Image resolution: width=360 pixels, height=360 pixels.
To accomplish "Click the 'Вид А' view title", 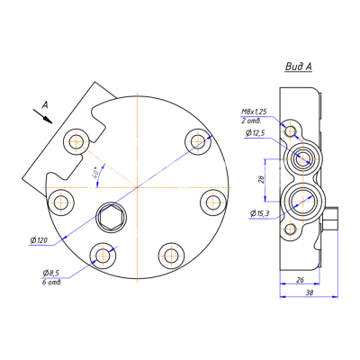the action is pos(299,67).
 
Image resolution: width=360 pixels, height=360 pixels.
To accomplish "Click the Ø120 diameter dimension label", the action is pos(39,240).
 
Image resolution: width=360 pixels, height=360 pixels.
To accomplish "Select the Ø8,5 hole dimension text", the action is pos(51,273).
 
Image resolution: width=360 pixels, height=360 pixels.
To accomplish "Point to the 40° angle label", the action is pos(95,173).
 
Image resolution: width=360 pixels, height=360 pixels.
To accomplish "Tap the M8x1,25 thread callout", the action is pos(254,112).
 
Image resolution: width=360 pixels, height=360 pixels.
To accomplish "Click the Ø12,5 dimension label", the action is pos(256,133).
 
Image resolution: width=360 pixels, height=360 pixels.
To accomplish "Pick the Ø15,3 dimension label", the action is pos(259,213).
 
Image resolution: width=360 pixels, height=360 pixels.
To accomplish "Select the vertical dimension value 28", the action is pos(261,180).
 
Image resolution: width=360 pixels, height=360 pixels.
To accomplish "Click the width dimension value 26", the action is pos(300,280).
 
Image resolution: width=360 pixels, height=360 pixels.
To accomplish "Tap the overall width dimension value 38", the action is pos(310,292).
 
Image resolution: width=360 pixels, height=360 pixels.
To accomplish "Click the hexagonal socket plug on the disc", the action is pos(111,218).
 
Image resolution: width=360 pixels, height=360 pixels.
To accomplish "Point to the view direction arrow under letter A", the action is pos(42,116).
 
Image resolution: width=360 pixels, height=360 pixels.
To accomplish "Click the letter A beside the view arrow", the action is pos(45,104).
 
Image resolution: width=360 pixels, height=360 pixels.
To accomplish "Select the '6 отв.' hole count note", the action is pos(52,283).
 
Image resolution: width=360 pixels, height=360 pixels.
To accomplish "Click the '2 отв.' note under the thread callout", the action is pos(251,121).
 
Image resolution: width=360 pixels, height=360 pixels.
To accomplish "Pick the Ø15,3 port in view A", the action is pos(303,201).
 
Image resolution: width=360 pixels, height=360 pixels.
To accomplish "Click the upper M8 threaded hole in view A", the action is pos(291,131).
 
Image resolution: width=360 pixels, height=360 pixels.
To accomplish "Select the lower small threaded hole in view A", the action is pos(291,230).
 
